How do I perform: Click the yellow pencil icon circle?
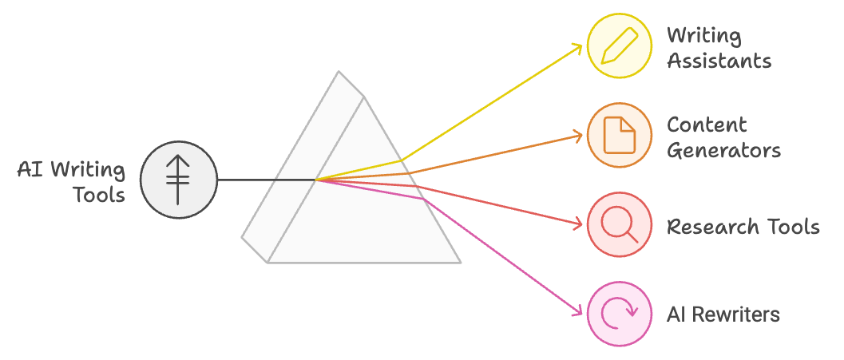[x=619, y=45]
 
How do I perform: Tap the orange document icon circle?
[x=619, y=135]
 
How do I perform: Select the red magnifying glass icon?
[x=619, y=224]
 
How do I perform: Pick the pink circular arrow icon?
[x=619, y=314]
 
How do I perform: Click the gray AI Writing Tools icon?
[x=179, y=180]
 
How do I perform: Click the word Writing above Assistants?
[x=703, y=36]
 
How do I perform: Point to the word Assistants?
[x=719, y=61]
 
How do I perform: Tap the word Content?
[x=707, y=125]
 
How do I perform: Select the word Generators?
[x=723, y=150]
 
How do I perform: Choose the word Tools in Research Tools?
[x=792, y=227]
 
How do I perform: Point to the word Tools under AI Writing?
[x=99, y=194]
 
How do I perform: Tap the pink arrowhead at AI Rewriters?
[x=577, y=311]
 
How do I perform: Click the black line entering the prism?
[x=267, y=180]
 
